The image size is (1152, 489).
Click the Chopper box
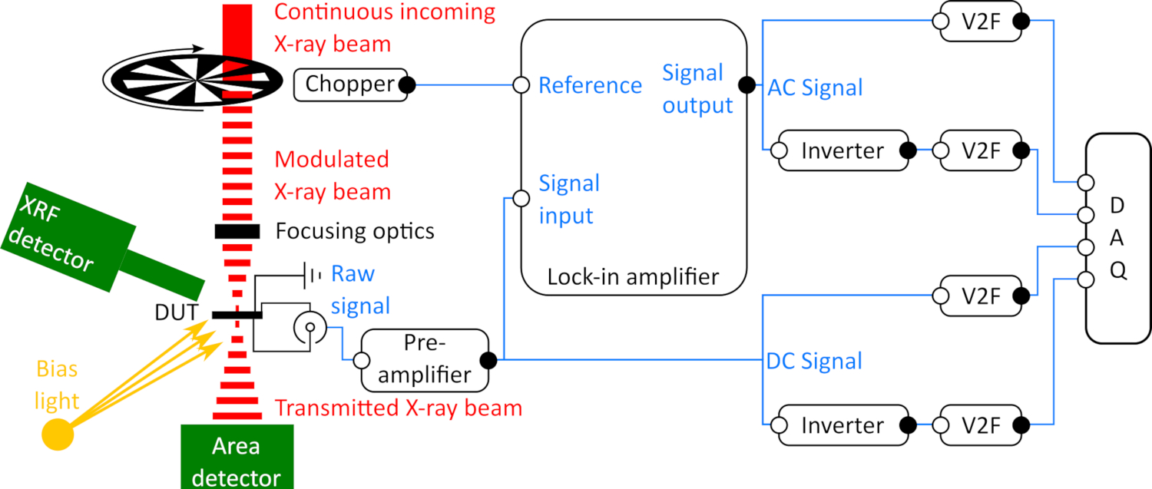click(x=350, y=84)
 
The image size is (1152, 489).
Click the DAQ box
click(x=1117, y=238)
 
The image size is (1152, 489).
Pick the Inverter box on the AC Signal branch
click(x=842, y=150)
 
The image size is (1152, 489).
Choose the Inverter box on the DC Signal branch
click(x=842, y=425)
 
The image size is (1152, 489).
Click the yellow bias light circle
click(x=57, y=434)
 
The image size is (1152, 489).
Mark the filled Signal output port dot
click(x=743, y=84)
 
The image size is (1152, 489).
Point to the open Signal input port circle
click(x=521, y=199)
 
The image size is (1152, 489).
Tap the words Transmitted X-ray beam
click(x=398, y=408)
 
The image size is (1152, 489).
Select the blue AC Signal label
click(x=816, y=88)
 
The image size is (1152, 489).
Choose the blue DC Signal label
click(x=814, y=360)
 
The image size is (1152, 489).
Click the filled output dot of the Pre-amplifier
click(x=488, y=358)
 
